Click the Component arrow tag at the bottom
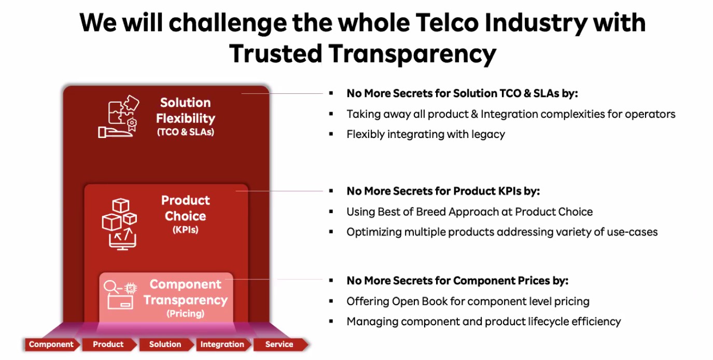[x=52, y=344]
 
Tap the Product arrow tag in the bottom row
[x=109, y=344]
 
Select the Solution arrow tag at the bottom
[x=166, y=344]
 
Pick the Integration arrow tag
[x=223, y=344]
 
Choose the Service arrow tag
[x=281, y=344]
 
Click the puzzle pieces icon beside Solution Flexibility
[x=119, y=117]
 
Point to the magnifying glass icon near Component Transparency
[x=111, y=287]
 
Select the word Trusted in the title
[x=276, y=53]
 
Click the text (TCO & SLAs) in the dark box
[x=186, y=132]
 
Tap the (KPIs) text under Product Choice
[x=186, y=230]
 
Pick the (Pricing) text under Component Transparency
[x=186, y=314]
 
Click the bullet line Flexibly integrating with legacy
[x=426, y=134]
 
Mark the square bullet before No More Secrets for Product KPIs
[x=331, y=191]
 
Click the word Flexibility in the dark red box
[x=186, y=118]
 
